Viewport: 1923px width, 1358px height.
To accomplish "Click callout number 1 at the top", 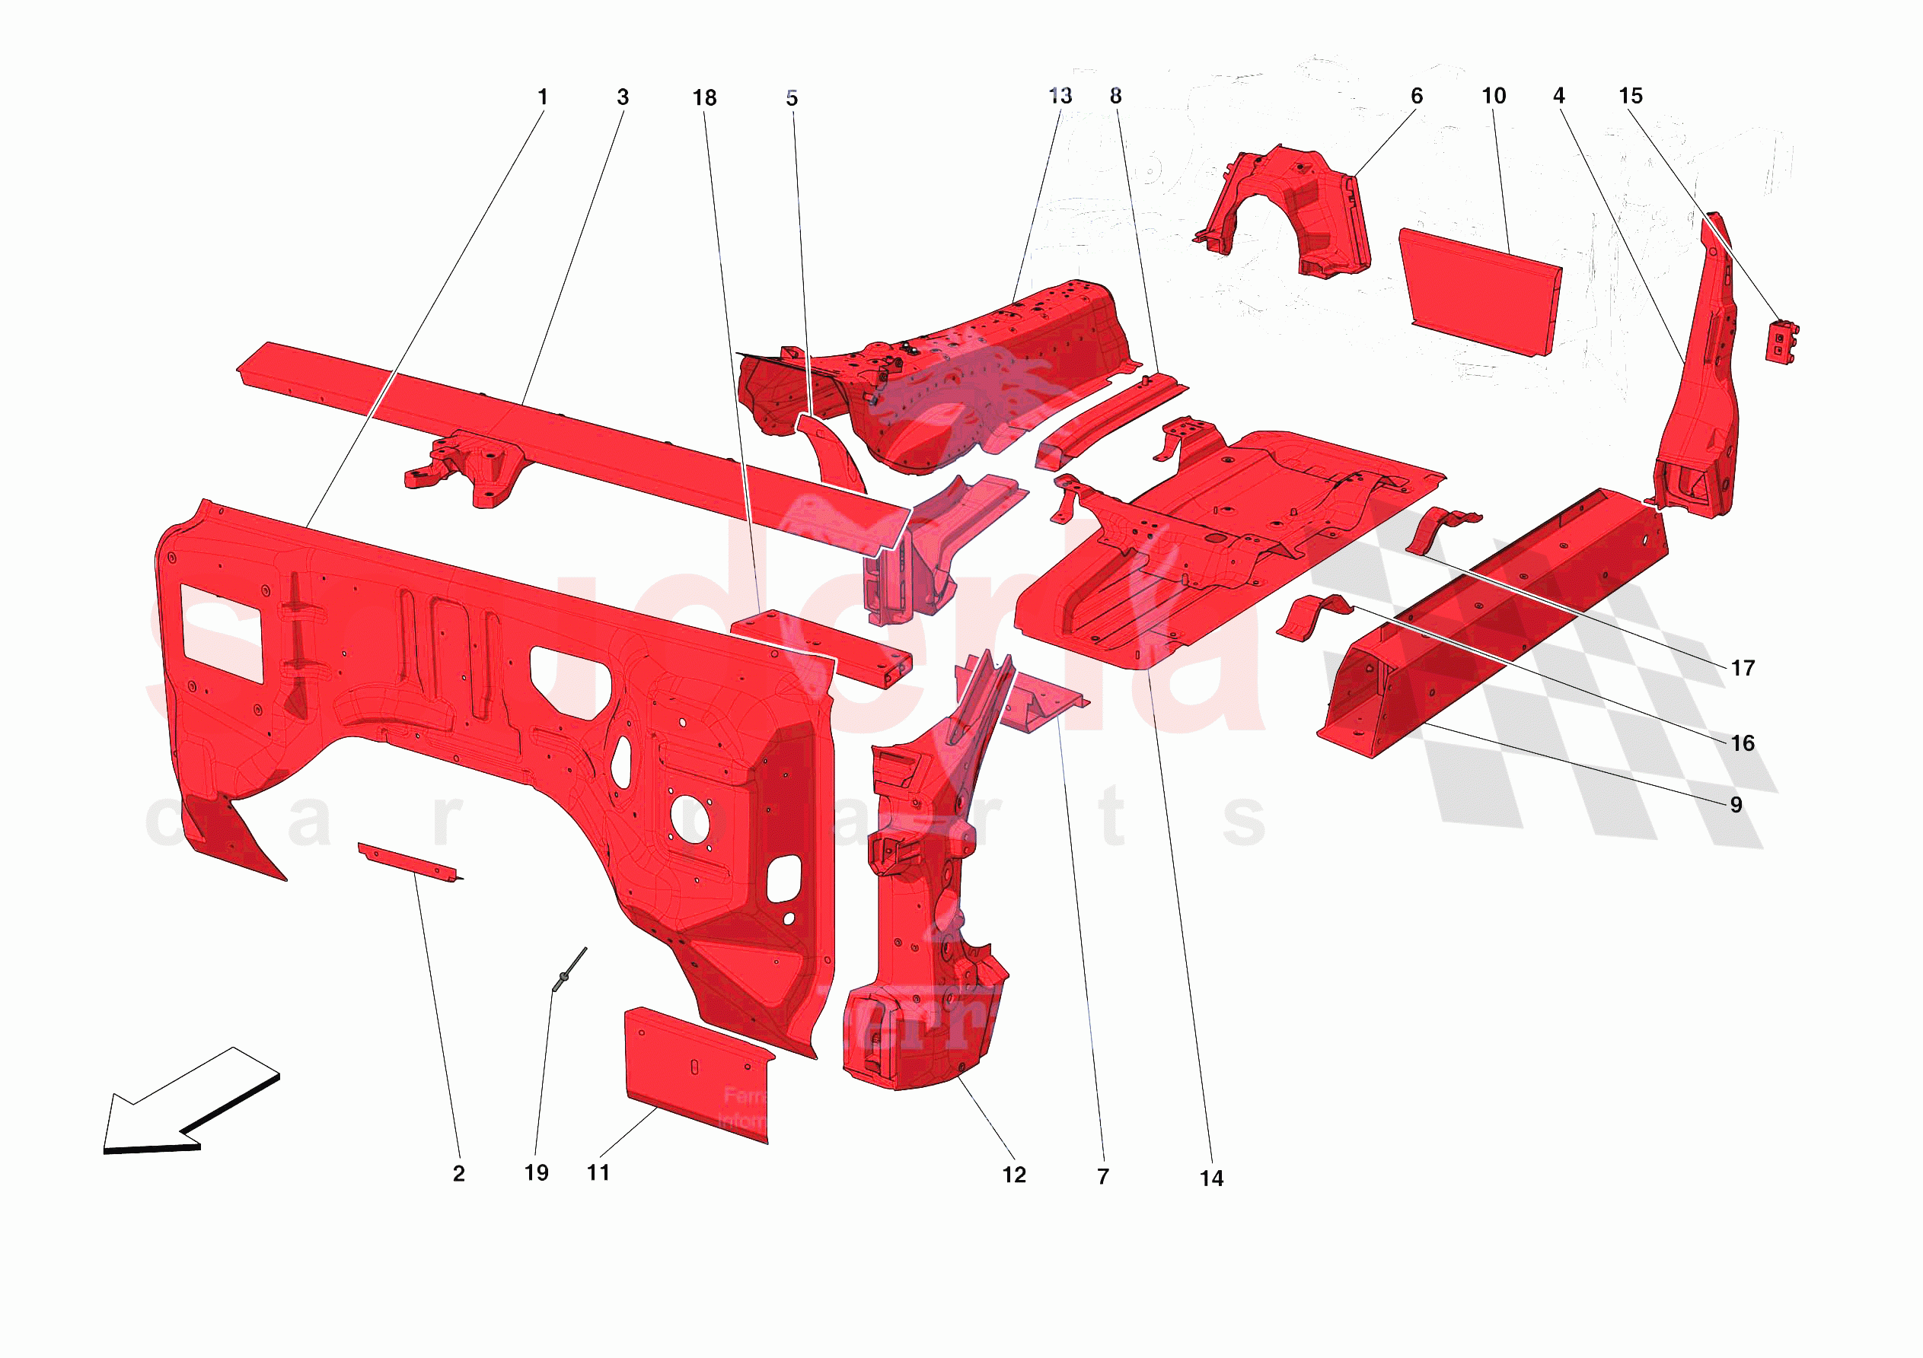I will (543, 97).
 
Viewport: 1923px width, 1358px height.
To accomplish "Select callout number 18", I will (704, 98).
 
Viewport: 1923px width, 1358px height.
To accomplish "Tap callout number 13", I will (1060, 97).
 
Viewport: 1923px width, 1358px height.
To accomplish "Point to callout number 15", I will (1630, 97).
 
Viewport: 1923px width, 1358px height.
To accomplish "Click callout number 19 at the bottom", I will (536, 1172).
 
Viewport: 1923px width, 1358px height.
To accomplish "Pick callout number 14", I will (1211, 1178).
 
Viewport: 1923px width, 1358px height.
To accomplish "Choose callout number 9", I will (1736, 805).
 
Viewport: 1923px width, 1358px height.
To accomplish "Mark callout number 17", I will (1742, 668).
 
